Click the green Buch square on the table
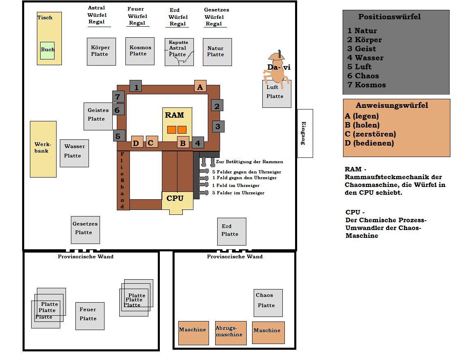pos(47,50)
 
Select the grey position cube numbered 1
pos(136,87)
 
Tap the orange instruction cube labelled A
pos(200,87)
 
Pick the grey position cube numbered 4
pos(198,143)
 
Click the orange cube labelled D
pos(137,142)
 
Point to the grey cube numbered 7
pos(118,97)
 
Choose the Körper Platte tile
pos(101,51)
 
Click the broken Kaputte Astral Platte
pos(179,52)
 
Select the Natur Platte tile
pos(217,52)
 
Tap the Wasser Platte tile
pos(74,153)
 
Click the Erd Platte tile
pos(231,231)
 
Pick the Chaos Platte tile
pos(268,303)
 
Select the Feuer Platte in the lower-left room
pos(90,316)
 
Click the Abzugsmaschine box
pos(231,333)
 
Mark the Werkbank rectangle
pos(43,149)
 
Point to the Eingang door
pos(305,133)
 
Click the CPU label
pos(175,198)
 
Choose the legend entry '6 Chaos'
pos(364,76)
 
